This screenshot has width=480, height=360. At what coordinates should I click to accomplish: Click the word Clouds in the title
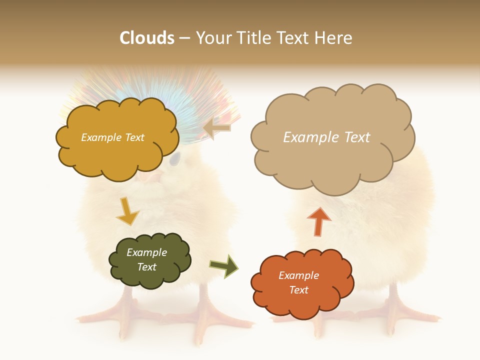[147, 37]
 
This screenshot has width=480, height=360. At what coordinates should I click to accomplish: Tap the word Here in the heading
[334, 37]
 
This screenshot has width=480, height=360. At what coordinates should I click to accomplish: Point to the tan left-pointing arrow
[217, 128]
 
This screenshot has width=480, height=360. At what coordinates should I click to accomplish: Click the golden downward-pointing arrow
[127, 211]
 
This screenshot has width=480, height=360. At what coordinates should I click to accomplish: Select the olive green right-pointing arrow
[223, 266]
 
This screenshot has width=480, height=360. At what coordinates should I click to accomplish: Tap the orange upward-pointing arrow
[318, 221]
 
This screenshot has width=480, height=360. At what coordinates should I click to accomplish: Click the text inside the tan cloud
[326, 137]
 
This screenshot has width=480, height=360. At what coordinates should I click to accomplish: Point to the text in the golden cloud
[112, 137]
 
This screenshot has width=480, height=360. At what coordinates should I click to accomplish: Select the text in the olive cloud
[147, 259]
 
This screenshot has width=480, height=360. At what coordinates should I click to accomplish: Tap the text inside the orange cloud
[298, 282]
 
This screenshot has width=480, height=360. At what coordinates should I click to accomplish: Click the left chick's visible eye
[174, 159]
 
